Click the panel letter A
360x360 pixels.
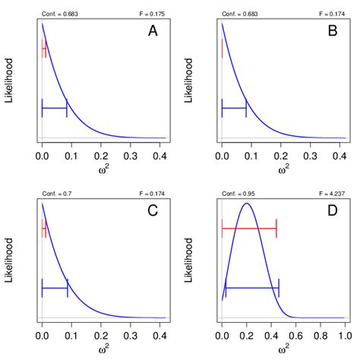pyautogui.click(x=153, y=33)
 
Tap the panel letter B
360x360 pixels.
pyautogui.click(x=332, y=33)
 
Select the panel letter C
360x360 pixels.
pyautogui.click(x=153, y=213)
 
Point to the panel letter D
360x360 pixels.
pyautogui.click(x=332, y=213)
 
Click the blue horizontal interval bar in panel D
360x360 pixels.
pyautogui.click(x=252, y=289)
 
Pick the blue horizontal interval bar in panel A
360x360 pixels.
pyautogui.click(x=55, y=109)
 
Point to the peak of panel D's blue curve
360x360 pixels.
pyautogui.click(x=246, y=203)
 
